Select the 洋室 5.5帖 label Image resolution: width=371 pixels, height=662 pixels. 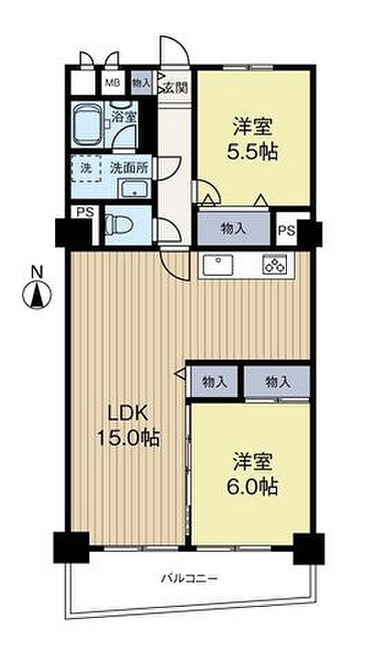253,139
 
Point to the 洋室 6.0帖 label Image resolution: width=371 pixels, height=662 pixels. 254,474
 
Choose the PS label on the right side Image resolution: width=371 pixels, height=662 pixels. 287,230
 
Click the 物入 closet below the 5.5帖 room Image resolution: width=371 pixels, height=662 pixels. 233,228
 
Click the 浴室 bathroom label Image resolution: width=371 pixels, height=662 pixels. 124,117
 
